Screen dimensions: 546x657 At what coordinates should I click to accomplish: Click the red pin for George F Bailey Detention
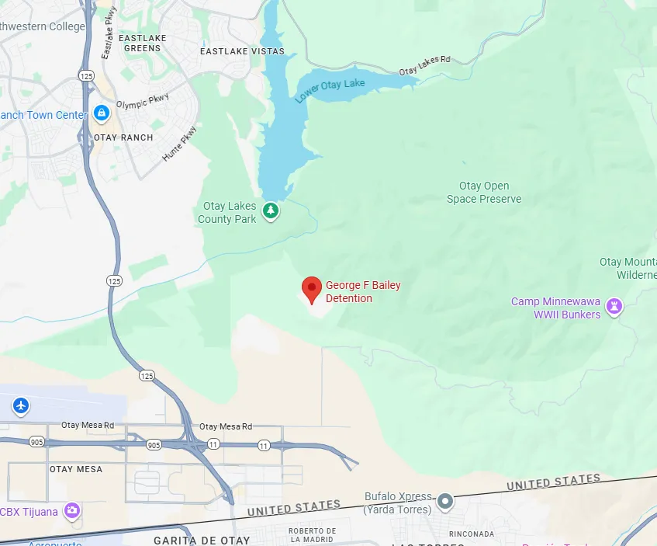coord(312,289)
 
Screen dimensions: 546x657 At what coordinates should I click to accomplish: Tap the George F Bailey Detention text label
coord(363,292)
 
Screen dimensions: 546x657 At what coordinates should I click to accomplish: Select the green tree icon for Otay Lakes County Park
coord(270,210)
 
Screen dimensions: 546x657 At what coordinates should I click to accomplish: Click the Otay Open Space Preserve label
coord(484,193)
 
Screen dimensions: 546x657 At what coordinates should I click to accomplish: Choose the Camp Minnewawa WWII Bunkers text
coord(555,308)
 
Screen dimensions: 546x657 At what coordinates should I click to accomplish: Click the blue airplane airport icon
coord(21,405)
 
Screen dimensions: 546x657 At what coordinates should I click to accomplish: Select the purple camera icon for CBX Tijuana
coord(72,510)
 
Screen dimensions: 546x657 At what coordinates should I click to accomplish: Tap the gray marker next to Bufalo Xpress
coord(445,502)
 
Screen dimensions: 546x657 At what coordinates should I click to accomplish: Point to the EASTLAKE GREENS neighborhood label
coord(143,42)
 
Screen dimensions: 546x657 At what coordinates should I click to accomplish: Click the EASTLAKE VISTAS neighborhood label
coord(242,51)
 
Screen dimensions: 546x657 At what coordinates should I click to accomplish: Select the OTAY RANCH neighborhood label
coord(123,137)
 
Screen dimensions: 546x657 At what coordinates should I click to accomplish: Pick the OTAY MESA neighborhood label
coord(76,469)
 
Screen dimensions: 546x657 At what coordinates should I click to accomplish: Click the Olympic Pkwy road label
coord(142,102)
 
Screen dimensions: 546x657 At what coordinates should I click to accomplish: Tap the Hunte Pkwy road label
coord(179,144)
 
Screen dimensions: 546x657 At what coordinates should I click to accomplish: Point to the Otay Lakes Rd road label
coord(424,66)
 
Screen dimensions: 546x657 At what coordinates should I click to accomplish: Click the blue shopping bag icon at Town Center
coord(101,114)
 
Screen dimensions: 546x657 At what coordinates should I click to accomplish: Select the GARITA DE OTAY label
coord(202,540)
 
